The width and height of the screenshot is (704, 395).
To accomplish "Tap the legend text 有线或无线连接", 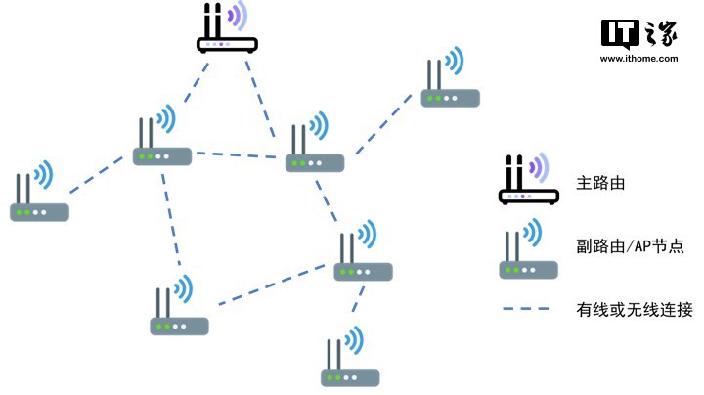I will point(635,310).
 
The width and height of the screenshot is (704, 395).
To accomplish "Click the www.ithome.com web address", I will point(638,59).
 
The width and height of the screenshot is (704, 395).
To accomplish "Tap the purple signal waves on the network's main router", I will point(238,16).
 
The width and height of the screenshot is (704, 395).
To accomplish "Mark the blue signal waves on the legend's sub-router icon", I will point(535,234).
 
